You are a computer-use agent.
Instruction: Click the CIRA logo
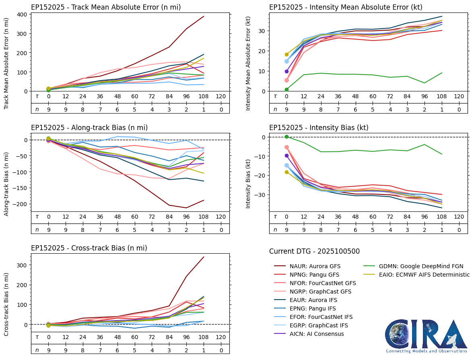[x=426, y=336]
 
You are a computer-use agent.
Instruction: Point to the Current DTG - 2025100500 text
[x=314, y=251]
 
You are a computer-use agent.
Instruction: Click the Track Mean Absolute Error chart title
[x=106, y=7]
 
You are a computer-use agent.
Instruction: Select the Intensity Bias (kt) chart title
[x=319, y=128]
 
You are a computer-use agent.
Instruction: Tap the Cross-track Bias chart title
[x=89, y=248]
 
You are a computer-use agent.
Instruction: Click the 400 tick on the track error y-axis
[x=22, y=14]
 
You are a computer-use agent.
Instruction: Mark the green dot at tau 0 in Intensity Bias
[x=286, y=137]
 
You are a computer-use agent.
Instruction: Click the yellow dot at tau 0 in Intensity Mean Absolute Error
[x=286, y=54]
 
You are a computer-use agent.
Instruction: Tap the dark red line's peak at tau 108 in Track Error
[x=204, y=17]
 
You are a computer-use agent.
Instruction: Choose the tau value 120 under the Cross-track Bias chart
[x=221, y=337]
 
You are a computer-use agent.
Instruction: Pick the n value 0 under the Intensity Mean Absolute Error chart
[x=459, y=109]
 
